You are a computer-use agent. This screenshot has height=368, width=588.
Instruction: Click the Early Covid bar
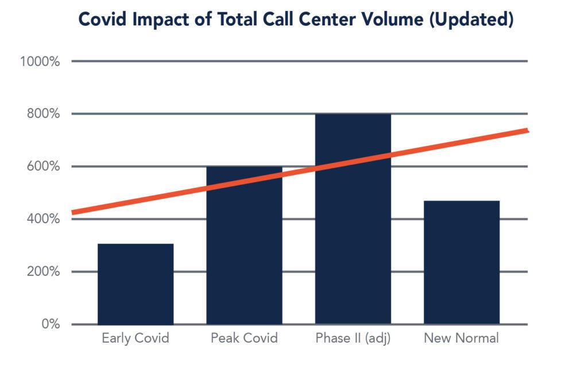click(x=136, y=285)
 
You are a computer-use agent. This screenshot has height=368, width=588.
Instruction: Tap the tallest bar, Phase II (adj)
click(x=353, y=230)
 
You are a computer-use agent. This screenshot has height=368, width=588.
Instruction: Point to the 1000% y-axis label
click(x=40, y=62)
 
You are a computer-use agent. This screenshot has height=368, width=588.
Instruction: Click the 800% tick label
click(x=42, y=114)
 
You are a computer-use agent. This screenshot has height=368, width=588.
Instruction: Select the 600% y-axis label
click(x=42, y=167)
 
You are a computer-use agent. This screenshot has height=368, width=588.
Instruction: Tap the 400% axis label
click(x=42, y=219)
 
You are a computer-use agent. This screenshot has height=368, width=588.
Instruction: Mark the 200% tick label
click(x=42, y=271)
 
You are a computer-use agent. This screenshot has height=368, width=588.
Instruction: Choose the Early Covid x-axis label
click(x=136, y=338)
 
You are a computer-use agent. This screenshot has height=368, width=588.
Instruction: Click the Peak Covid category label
click(x=244, y=338)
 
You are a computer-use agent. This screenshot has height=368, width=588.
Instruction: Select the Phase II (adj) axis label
click(x=353, y=338)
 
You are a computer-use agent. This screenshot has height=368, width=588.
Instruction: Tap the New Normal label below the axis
click(x=461, y=338)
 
